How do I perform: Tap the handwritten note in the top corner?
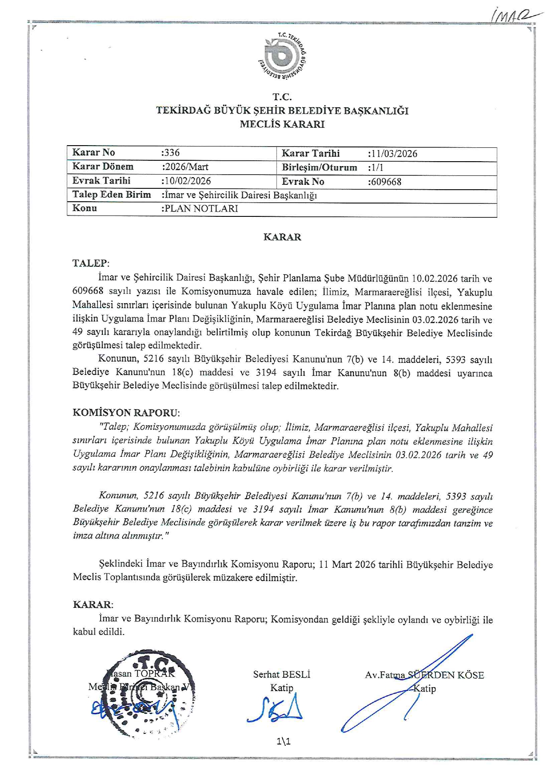[516, 16]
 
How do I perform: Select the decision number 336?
[171, 153]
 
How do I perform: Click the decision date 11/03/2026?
[394, 154]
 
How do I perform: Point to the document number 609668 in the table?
[386, 182]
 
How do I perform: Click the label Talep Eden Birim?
[111, 195]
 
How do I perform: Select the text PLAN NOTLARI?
[201, 208]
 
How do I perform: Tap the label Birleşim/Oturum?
[319, 167]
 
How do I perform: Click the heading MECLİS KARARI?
[282, 124]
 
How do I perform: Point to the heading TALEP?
[91, 263]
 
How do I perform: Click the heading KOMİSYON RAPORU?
[126, 412]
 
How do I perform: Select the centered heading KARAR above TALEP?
[282, 237]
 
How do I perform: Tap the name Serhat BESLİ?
[281, 674]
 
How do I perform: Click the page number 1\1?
[283, 741]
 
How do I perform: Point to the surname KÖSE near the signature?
[471, 675]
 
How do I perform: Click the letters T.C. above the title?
[282, 97]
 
